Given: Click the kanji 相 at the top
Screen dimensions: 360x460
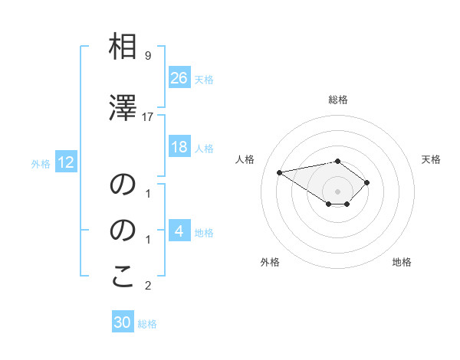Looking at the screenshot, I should (x=123, y=47).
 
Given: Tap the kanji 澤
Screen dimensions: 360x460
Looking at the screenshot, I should (x=123, y=107).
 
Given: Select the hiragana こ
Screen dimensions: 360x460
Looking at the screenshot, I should (x=123, y=277).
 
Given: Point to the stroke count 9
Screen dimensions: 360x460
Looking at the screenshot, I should (x=147, y=56).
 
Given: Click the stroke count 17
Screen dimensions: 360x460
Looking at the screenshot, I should (x=148, y=116).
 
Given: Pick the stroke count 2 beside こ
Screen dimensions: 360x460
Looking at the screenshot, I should (x=147, y=286).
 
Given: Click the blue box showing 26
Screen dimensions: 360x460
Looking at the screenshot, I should (x=179, y=78).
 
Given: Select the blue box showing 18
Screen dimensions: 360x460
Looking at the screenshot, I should (x=179, y=147).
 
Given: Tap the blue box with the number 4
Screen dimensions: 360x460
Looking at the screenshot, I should (x=179, y=231).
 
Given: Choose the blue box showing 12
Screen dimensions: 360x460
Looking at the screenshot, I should (x=65, y=162).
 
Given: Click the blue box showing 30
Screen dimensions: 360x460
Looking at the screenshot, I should (x=123, y=322).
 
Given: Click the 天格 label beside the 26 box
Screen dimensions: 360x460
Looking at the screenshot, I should (x=204, y=79).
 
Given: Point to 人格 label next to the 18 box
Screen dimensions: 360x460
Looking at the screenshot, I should (x=204, y=148).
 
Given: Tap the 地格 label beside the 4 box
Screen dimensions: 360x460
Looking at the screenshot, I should (x=204, y=232).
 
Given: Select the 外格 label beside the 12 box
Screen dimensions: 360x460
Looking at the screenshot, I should (x=41, y=163).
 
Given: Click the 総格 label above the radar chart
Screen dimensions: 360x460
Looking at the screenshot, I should (x=337, y=100).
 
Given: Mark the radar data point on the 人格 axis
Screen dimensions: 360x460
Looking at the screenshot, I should (x=280, y=172).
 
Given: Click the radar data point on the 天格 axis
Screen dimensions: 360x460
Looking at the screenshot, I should (x=367, y=182).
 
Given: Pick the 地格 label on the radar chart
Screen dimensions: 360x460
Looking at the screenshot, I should (x=402, y=262).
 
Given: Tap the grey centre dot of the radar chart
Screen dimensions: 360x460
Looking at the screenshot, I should (x=337, y=191).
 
